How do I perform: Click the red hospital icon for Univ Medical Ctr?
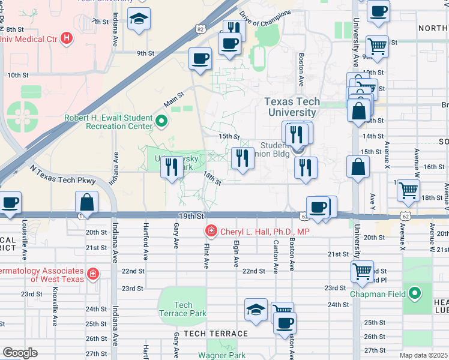(x=67, y=39)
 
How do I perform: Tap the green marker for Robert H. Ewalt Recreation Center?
(x=161, y=122)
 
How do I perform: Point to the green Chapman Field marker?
(x=414, y=294)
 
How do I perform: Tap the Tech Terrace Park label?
(x=182, y=309)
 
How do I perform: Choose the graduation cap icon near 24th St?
(x=256, y=311)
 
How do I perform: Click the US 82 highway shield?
(x=199, y=29)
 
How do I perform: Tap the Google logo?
(x=20, y=353)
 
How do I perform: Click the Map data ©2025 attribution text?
(x=423, y=355)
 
